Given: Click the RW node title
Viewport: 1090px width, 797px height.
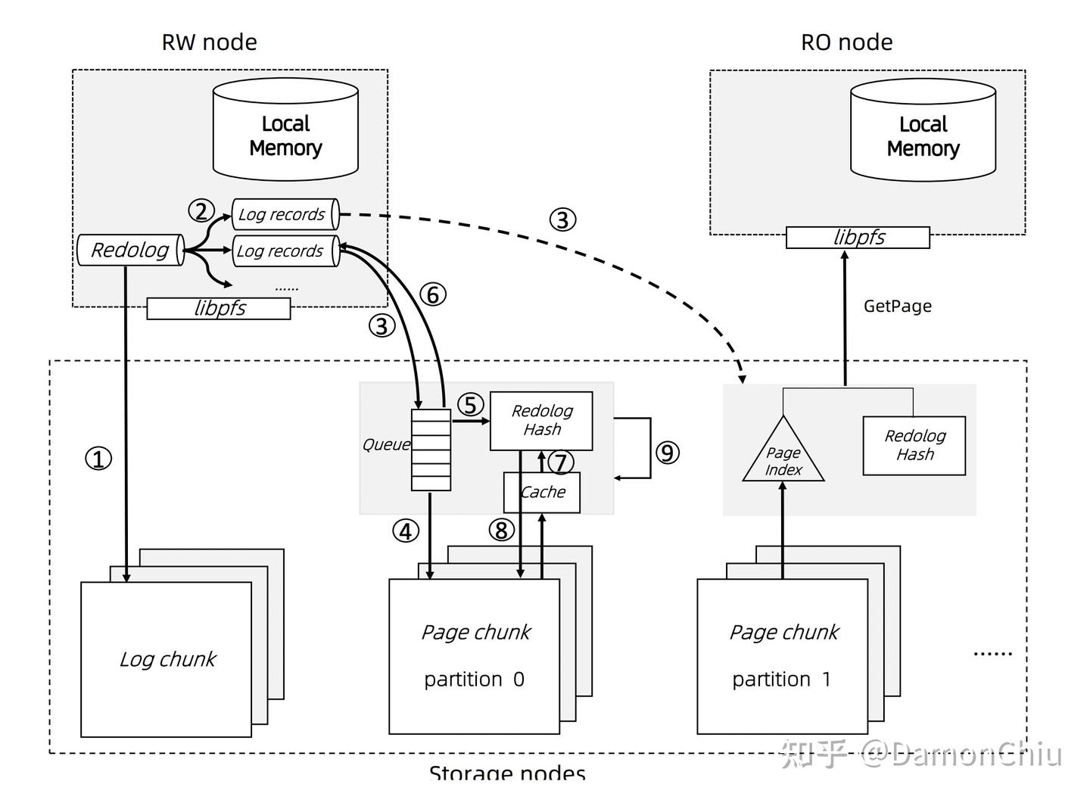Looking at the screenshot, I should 209,42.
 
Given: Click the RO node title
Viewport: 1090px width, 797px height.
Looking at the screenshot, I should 846,42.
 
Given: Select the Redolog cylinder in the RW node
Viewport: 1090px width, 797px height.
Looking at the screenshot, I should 130,251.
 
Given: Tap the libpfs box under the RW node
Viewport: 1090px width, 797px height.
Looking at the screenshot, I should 219,308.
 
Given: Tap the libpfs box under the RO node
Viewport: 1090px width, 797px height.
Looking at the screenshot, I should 858,238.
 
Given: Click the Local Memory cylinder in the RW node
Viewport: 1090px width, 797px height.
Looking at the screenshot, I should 285,135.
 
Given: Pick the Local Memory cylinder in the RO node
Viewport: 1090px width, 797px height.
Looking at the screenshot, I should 923,135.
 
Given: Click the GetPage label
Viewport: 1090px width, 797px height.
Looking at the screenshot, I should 897,307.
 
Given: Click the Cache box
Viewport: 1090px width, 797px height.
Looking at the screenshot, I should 542,492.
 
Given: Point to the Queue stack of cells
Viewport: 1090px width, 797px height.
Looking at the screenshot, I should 431,450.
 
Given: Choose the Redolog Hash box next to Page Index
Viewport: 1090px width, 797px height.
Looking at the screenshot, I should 914,445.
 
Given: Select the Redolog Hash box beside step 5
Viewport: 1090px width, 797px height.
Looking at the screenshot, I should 541,420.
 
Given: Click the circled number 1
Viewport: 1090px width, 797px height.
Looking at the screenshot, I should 98,459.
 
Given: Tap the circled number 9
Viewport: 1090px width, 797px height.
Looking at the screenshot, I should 667,453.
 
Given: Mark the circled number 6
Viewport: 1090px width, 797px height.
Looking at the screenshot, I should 433,294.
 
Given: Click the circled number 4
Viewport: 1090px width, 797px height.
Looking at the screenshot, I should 406,531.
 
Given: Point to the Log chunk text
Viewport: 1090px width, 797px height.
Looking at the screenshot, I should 167,659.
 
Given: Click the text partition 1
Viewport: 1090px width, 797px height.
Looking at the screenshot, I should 781,680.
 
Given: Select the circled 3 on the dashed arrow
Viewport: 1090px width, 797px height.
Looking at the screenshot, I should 562,220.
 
